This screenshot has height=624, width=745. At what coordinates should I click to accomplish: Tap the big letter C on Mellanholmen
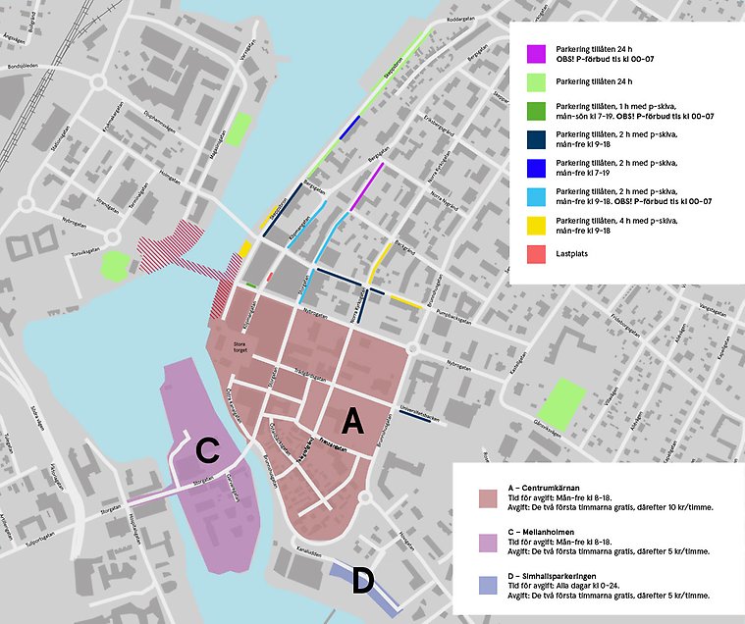coord(207,451)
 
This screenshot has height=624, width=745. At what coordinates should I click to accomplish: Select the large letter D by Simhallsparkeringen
coord(361,582)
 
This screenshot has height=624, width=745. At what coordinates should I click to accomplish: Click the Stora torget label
coord(239,345)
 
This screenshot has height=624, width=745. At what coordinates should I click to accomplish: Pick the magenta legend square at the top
coord(536,52)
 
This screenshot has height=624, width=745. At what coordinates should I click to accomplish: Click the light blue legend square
coord(536,195)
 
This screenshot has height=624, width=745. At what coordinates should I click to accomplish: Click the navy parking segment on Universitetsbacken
coord(417,418)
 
